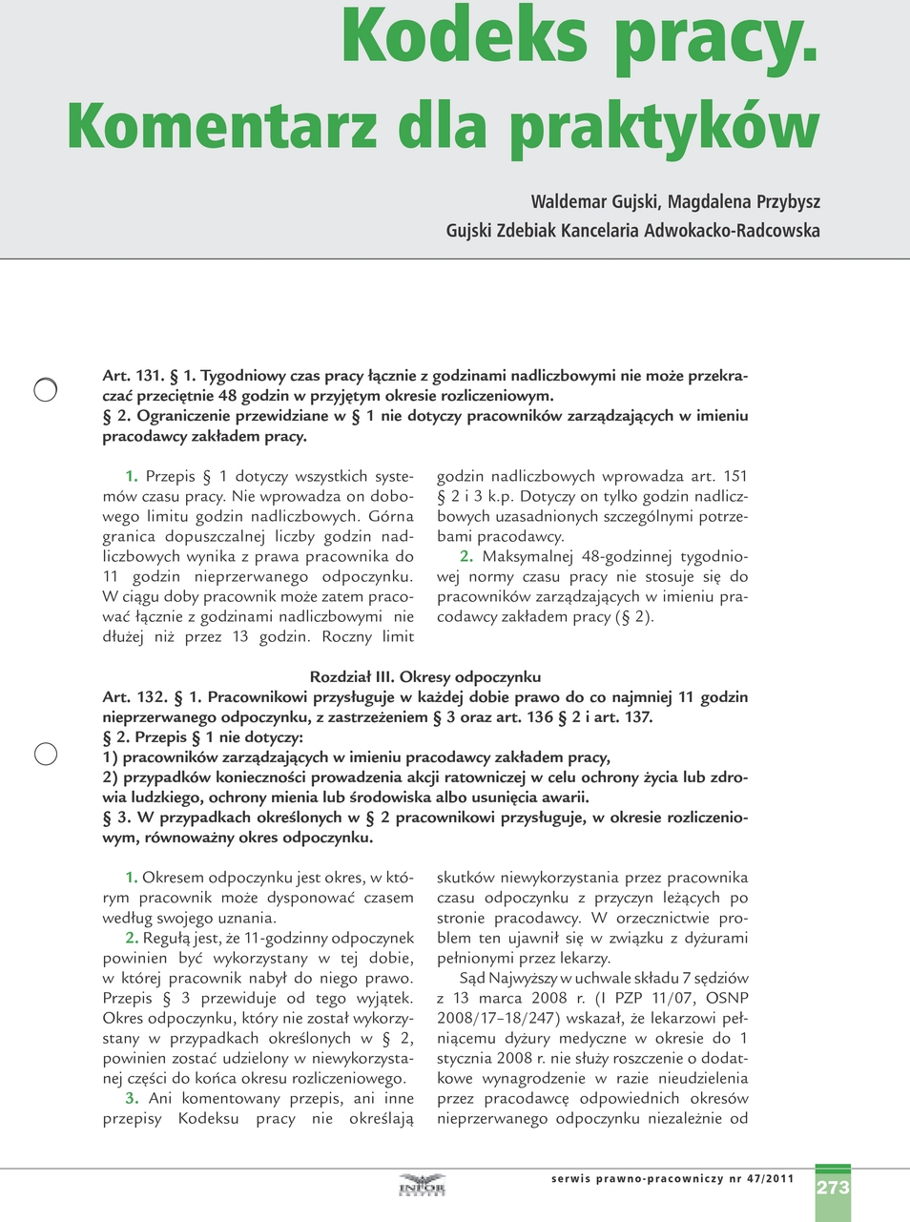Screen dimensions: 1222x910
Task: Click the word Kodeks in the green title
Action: (465, 38)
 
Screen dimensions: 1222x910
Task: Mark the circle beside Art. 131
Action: (45, 389)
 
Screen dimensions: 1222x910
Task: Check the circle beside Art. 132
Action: (45, 754)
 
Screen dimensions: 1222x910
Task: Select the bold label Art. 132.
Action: (134, 697)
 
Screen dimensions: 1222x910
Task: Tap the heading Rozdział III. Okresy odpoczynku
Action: (425, 677)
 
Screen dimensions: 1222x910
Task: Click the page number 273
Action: (833, 1188)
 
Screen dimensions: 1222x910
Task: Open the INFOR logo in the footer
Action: (422, 1187)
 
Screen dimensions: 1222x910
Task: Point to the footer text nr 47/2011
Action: (761, 1179)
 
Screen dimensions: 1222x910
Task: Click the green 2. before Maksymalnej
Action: (465, 556)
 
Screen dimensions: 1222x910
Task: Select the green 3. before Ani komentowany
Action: (132, 1098)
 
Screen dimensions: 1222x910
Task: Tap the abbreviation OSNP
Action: (727, 998)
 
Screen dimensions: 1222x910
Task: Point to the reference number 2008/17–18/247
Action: (500, 1018)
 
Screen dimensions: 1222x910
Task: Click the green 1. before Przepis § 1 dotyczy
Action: (132, 476)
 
